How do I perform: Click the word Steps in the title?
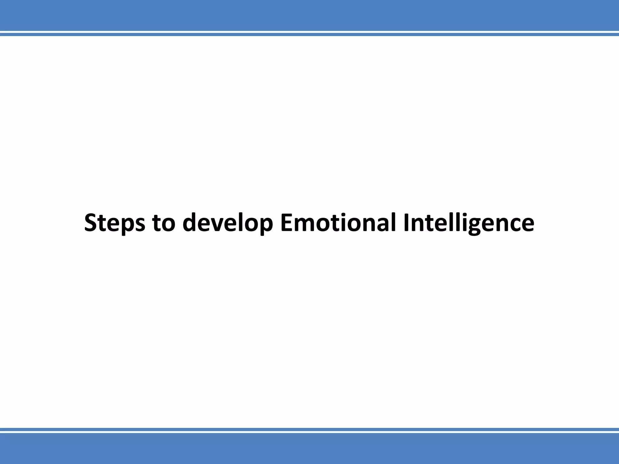114,223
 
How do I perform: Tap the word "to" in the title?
164,223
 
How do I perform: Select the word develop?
228,223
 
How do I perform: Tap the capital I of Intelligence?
406,223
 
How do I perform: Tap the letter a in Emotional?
383,225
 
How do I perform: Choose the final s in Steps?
139,225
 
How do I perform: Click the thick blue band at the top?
309,15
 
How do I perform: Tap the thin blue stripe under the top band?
309,34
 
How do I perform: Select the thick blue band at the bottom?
309,449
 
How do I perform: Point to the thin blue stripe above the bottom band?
309,429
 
